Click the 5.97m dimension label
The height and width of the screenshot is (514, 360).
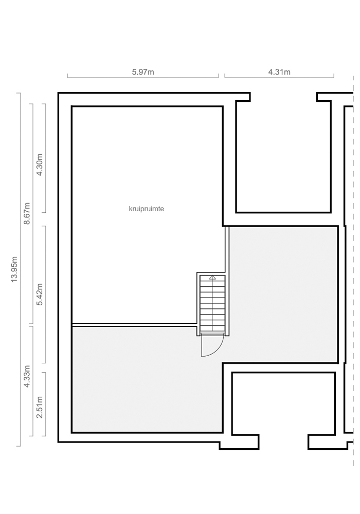pos(143,72)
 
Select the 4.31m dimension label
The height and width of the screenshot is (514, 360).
pos(279,72)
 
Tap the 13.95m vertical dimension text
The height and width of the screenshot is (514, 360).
pos(14,269)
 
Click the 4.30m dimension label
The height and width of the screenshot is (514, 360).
pos(40,164)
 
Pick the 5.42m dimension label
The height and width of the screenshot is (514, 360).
pos(40,294)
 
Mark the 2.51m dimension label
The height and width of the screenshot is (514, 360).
pos(40,407)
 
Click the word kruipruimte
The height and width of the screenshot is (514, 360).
pos(146,209)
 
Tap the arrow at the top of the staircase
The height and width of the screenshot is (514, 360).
pos(212,278)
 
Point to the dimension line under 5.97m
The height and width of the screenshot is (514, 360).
pos(143,78)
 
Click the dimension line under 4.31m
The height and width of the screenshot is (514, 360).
pos(279,78)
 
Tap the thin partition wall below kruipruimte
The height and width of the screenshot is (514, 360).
pos(134,325)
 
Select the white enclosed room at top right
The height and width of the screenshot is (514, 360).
pos(283,156)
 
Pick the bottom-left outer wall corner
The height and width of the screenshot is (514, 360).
pos(58,442)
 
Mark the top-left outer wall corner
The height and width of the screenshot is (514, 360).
pos(58,93)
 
